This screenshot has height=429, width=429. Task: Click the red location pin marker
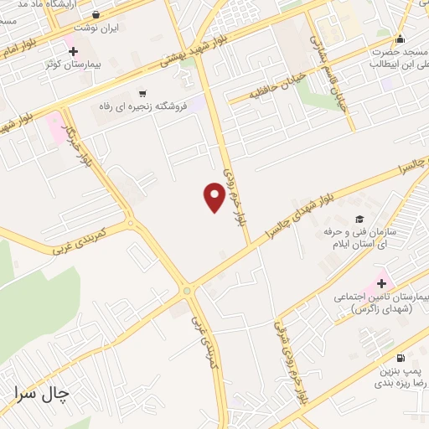(214, 197)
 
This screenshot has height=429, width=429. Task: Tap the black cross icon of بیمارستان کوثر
(74, 52)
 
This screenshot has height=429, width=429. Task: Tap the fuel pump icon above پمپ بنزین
(399, 357)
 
